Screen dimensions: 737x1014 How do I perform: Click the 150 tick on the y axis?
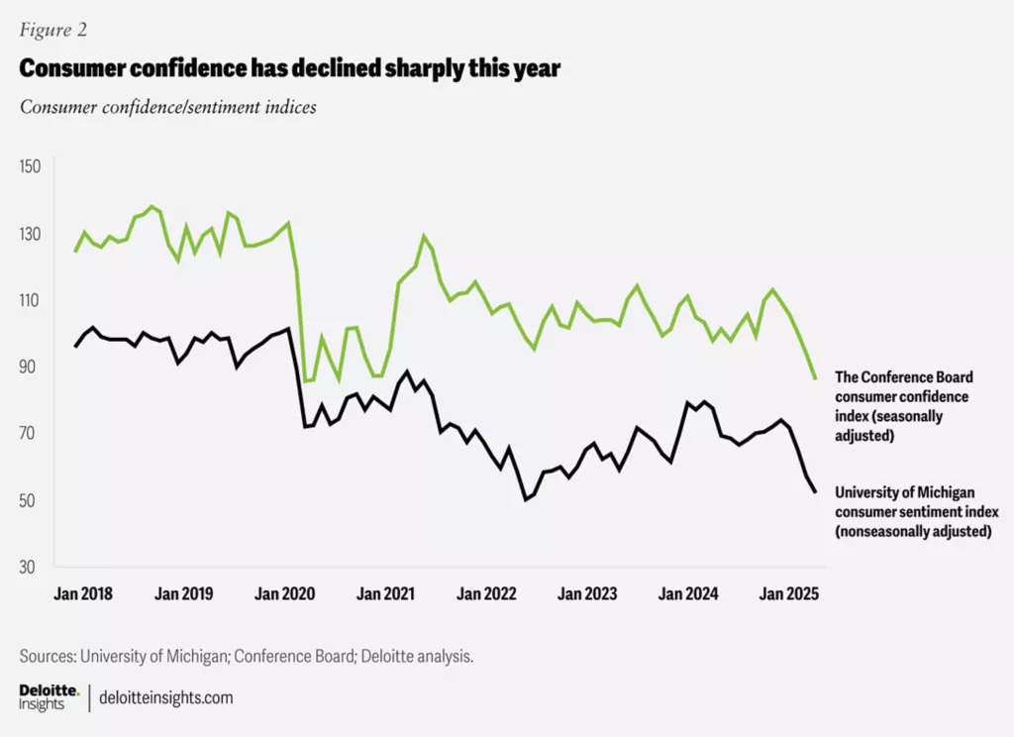(x=32, y=166)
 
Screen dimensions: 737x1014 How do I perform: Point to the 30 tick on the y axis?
(x=32, y=567)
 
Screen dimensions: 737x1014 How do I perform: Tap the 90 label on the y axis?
(x=32, y=367)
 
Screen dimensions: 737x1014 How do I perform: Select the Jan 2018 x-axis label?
(x=83, y=594)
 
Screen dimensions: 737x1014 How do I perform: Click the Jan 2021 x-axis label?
(x=384, y=594)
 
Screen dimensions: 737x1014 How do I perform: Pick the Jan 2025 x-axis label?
(x=787, y=594)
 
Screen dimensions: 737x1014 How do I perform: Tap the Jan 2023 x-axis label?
(x=585, y=594)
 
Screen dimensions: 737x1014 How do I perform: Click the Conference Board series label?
(x=904, y=406)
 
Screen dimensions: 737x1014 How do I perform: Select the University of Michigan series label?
(x=917, y=511)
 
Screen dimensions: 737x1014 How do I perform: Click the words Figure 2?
(x=53, y=30)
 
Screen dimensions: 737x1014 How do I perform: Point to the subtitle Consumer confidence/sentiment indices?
(x=168, y=107)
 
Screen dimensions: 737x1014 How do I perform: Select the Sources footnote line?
(x=238, y=656)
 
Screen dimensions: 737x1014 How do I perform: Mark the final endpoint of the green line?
(x=815, y=378)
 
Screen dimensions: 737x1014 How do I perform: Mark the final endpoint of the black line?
(x=815, y=492)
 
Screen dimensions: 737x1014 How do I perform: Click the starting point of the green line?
(x=75, y=252)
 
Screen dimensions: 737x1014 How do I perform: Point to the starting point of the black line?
(x=75, y=346)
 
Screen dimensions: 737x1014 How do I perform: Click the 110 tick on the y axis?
(x=32, y=300)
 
